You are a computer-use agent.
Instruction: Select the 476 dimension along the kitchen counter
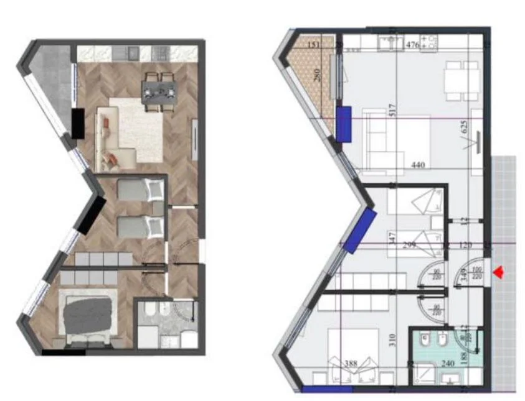(412, 45)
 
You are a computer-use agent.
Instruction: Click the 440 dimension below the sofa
(418, 165)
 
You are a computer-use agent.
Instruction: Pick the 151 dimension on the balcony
(315, 45)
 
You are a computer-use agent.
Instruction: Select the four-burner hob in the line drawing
(429, 42)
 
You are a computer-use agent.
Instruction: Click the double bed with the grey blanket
(87, 315)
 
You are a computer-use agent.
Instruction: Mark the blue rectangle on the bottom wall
(318, 390)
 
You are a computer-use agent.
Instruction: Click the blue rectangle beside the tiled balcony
(344, 122)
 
